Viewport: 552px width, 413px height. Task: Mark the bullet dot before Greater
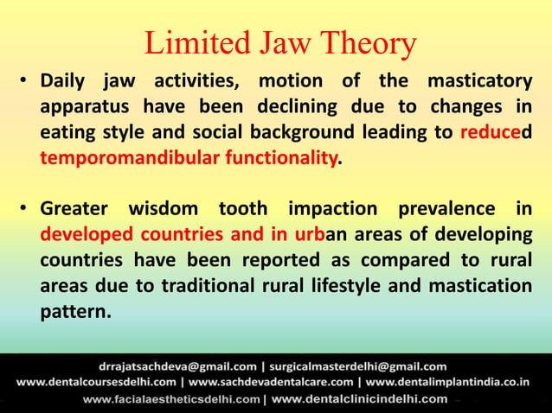click(26, 210)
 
